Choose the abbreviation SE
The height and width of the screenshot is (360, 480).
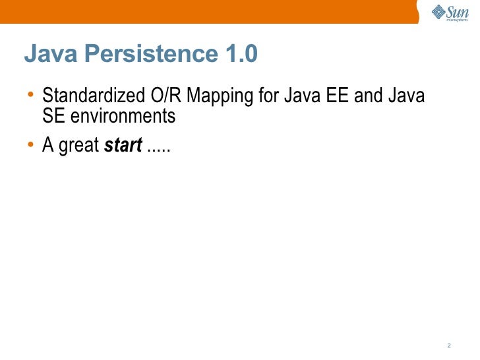pos(53,116)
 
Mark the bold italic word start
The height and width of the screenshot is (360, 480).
pos(123,146)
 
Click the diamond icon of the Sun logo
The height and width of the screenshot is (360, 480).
pos(438,11)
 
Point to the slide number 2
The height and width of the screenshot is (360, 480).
pos(448,345)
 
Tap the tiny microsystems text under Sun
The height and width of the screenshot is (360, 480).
pos(456,20)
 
